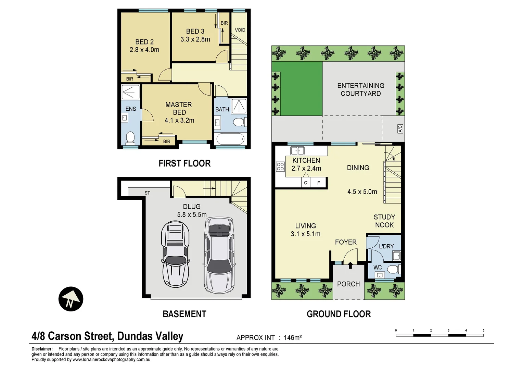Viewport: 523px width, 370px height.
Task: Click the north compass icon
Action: pos(71,299)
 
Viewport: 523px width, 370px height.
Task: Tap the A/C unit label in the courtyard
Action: pos(400,129)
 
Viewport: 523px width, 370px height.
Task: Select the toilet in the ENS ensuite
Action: pos(130,138)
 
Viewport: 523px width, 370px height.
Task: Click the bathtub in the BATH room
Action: pos(230,139)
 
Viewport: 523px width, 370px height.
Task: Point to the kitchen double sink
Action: pos(297,150)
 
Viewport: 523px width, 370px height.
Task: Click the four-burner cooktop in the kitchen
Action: pos(280,166)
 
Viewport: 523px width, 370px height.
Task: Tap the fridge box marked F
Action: pos(319,183)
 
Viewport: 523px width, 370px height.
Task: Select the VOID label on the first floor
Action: pos(240,30)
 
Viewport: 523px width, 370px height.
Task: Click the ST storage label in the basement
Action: pos(147,193)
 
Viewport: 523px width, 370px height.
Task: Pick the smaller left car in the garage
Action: pos(175,254)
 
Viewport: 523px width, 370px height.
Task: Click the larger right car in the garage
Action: pos(219,255)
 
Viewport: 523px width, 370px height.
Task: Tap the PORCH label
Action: pos(348,284)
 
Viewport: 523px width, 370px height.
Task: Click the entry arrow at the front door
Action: pos(350,265)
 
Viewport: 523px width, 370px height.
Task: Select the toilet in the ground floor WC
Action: pos(394,269)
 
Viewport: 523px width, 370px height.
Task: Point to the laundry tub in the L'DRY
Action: pos(397,256)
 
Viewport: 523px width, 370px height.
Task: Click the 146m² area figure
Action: pos(293,338)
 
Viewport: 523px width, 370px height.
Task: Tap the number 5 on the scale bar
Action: pos(483,331)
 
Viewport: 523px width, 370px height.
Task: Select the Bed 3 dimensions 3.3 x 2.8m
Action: pos(195,39)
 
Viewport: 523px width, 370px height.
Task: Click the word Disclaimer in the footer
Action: pos(42,349)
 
